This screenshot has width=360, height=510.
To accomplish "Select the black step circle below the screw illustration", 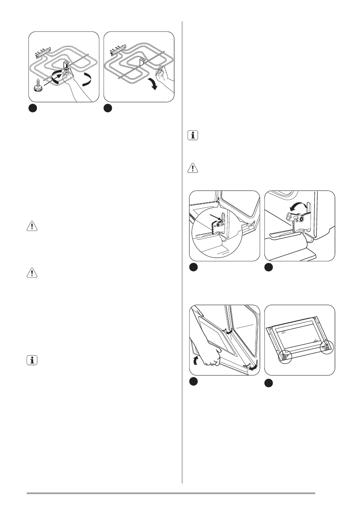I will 33,108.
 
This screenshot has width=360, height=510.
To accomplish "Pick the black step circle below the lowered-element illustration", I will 108,108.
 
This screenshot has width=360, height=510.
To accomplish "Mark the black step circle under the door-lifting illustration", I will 194,381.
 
